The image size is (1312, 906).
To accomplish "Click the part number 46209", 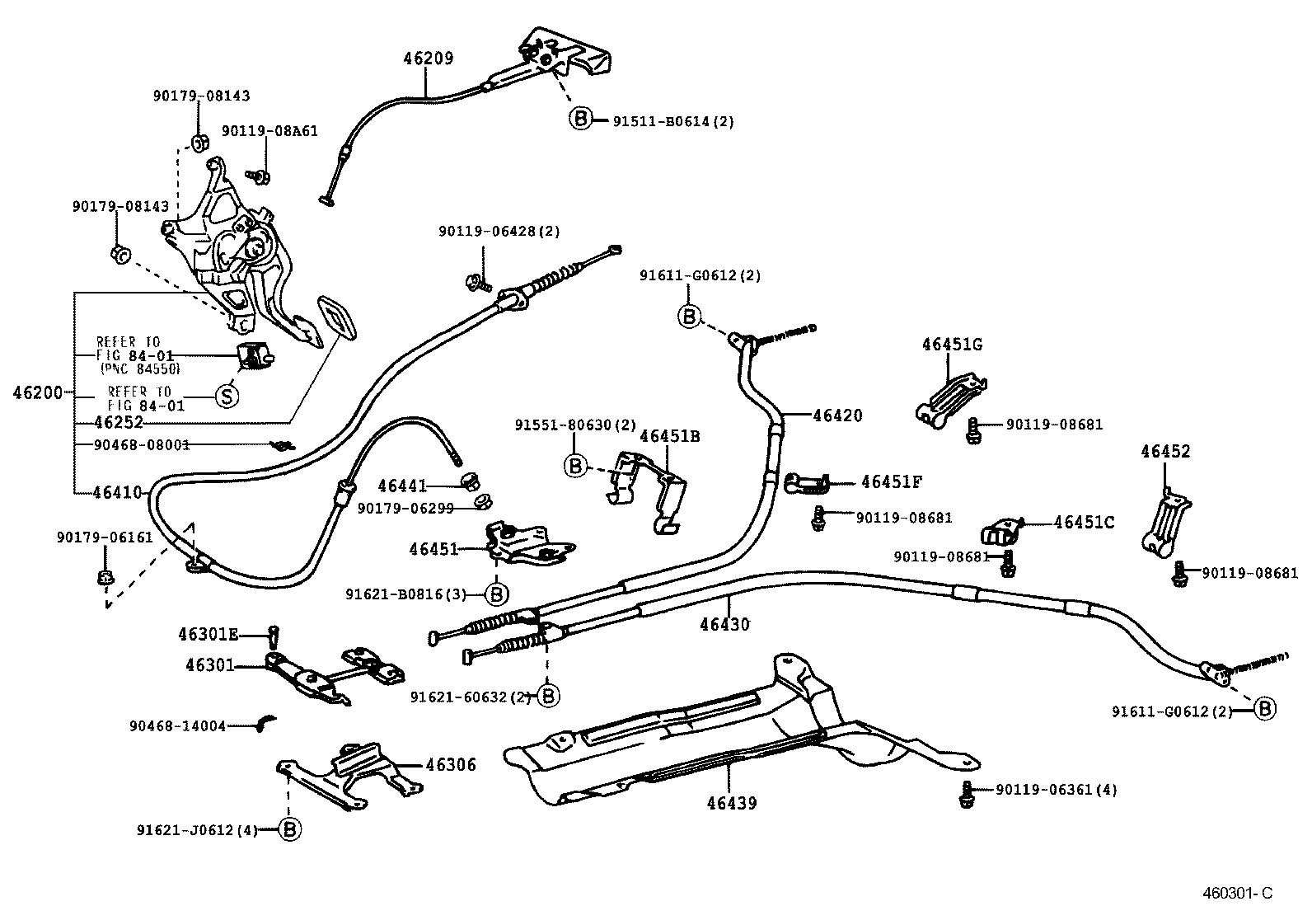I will pos(428,59).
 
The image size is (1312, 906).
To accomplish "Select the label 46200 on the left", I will pos(38,393).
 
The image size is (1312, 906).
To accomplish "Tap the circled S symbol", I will pos(227,397).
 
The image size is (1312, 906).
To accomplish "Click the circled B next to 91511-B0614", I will pos(580,120).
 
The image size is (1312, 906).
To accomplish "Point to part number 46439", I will pos(731,803).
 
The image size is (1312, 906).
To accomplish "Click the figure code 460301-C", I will pos(1236,893).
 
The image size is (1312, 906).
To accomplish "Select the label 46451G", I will pos(952,345).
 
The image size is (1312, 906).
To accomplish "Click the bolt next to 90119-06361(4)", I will pos(966,794).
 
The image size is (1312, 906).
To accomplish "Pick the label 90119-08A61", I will pos(270,131).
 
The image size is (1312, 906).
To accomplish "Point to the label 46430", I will pos(724,624).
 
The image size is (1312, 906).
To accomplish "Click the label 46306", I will pos(451,764).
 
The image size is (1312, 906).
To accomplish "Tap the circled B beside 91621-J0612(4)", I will pos(288,829).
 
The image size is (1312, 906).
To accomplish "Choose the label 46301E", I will pos(208,634).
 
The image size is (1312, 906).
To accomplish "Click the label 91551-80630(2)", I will pos(575,425).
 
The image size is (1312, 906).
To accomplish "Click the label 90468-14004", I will pos(177,726).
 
